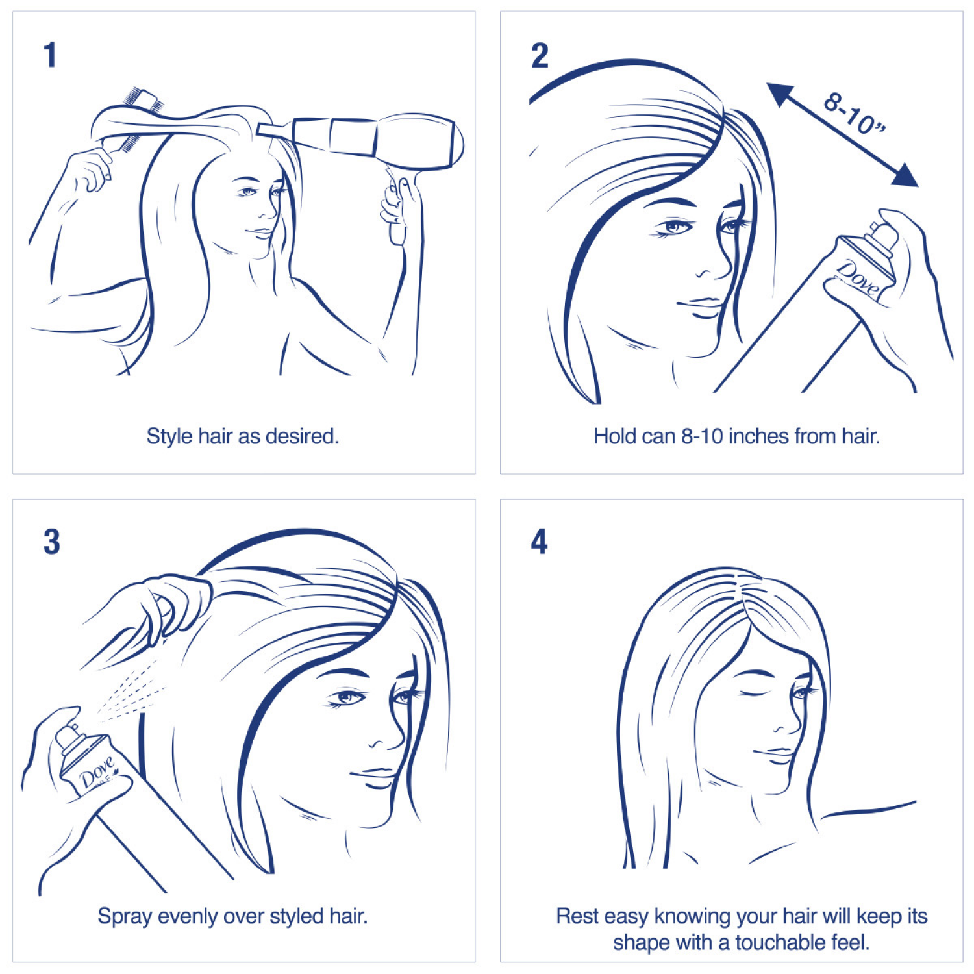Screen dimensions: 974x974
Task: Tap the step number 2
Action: pos(540,55)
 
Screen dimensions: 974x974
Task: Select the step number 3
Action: pos(51,542)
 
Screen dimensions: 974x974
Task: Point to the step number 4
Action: pos(539,542)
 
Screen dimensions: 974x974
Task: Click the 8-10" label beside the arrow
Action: pos(854,114)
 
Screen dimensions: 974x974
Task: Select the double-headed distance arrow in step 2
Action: pos(842,134)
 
